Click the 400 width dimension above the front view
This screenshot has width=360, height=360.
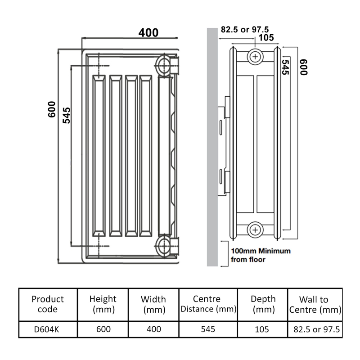(x=148, y=33)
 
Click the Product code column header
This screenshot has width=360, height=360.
(x=48, y=304)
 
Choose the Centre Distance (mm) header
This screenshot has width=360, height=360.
(x=207, y=304)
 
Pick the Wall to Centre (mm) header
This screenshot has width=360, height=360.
(x=314, y=305)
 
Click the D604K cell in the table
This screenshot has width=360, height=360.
(x=46, y=329)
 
